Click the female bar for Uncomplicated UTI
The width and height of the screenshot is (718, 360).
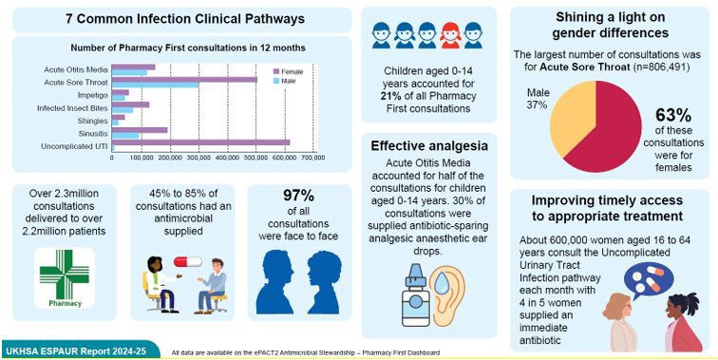(x=200, y=142)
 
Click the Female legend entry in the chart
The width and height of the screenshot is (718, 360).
(x=291, y=72)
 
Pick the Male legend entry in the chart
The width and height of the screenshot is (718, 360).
(x=288, y=83)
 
